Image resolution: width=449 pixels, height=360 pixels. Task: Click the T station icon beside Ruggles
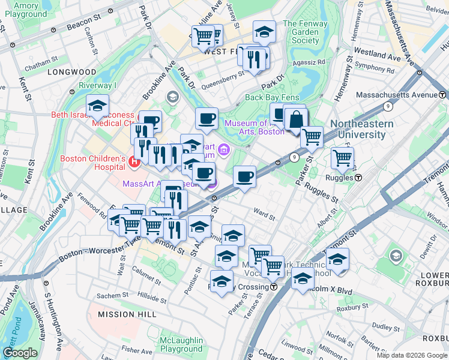[x=358, y=177]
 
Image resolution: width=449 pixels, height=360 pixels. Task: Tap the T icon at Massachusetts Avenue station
[x=442, y=95]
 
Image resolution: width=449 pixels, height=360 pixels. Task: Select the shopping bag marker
[x=295, y=119]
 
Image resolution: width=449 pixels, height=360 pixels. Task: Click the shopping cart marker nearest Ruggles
[x=342, y=158]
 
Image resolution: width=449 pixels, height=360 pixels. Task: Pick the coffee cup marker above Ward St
[x=244, y=177]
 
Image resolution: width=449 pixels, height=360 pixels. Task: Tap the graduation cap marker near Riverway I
[x=97, y=106]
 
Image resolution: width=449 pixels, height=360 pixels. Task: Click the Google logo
[x=20, y=353]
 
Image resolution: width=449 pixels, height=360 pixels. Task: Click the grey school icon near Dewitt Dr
[x=395, y=256]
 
